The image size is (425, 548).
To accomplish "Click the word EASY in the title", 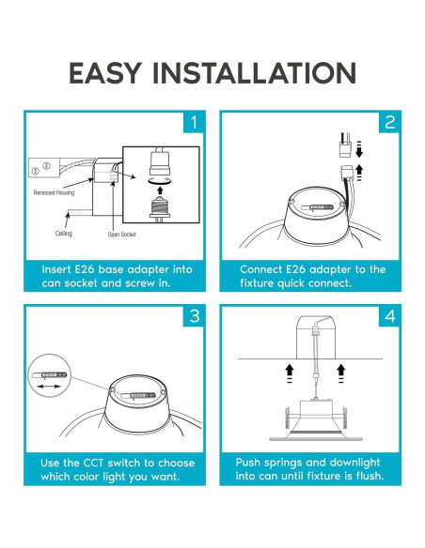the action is point(104,73).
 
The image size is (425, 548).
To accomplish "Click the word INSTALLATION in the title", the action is point(255,73).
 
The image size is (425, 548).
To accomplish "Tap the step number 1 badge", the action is point(194,122).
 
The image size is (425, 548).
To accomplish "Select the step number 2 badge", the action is point(389,122).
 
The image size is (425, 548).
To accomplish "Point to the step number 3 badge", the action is point(194,316).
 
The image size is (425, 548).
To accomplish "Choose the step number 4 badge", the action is point(389,316).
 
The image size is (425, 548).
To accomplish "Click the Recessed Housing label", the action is point(54,192).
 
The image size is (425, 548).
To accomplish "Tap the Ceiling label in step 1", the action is point(63,234).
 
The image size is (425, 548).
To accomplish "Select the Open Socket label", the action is point(122,235).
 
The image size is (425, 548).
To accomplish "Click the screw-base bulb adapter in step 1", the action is point(160,208).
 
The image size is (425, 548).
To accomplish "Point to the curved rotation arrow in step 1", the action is point(160,180).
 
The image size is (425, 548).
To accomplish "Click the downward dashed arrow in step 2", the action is point(359,149).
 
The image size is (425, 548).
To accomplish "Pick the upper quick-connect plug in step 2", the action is point(345,145).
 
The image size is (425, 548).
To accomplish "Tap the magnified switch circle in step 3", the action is point(49,375).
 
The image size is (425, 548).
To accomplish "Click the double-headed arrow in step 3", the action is point(49,387).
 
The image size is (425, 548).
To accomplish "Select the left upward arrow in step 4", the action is point(290,373).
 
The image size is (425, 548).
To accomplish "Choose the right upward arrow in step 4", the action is point(341,373).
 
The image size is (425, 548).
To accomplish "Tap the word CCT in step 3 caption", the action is point(93,463).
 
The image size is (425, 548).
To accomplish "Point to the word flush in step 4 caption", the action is point(370,476).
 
